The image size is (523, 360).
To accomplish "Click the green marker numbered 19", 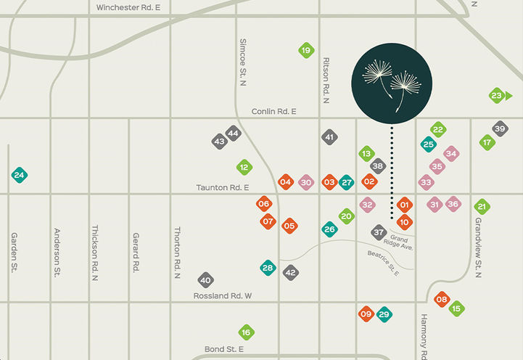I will tap(306, 51).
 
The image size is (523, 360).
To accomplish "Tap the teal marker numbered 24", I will tap(19, 175).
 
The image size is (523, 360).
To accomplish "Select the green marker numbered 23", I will tap(497, 96).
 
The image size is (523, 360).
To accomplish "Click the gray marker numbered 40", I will tap(205, 280).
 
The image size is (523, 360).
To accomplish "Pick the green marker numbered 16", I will tap(246, 332).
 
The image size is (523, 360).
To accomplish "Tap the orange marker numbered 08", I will tap(442, 298).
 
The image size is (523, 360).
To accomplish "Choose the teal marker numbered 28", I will tap(268, 268).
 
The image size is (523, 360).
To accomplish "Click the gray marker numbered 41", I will tap(329, 137).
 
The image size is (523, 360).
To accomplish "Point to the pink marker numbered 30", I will tap(305, 182).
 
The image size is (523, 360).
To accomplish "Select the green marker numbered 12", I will tap(244, 168).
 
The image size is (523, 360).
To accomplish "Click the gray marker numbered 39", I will tap(500, 129).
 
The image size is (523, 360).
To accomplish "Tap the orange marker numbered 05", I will tap(289, 226).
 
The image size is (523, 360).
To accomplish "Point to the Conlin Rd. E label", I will tap(273, 112).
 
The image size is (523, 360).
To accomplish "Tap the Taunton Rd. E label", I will tap(223, 187).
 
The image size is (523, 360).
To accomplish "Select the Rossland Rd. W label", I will tap(222, 295).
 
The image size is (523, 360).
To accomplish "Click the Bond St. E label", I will tap(224, 349).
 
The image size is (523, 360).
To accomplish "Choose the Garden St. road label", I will tap(14, 252).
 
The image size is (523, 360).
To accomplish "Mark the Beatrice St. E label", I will tap(383, 261).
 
